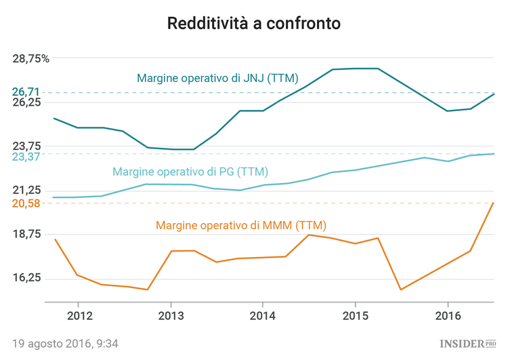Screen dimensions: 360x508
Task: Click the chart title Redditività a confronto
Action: [x=254, y=24]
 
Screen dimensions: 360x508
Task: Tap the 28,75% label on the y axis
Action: [x=31, y=58]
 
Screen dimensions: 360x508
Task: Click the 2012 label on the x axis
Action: [x=79, y=316]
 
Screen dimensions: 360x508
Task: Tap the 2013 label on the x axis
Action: [x=171, y=316]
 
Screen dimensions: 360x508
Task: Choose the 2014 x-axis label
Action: [x=263, y=316]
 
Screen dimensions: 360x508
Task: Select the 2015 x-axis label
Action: [x=355, y=316]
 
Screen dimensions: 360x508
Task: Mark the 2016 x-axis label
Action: [x=447, y=316]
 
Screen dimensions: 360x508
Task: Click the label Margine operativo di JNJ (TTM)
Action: [x=217, y=78]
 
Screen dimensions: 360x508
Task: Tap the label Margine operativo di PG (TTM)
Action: [x=190, y=172]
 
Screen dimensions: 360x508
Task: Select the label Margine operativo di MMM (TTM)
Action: [x=236, y=225]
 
